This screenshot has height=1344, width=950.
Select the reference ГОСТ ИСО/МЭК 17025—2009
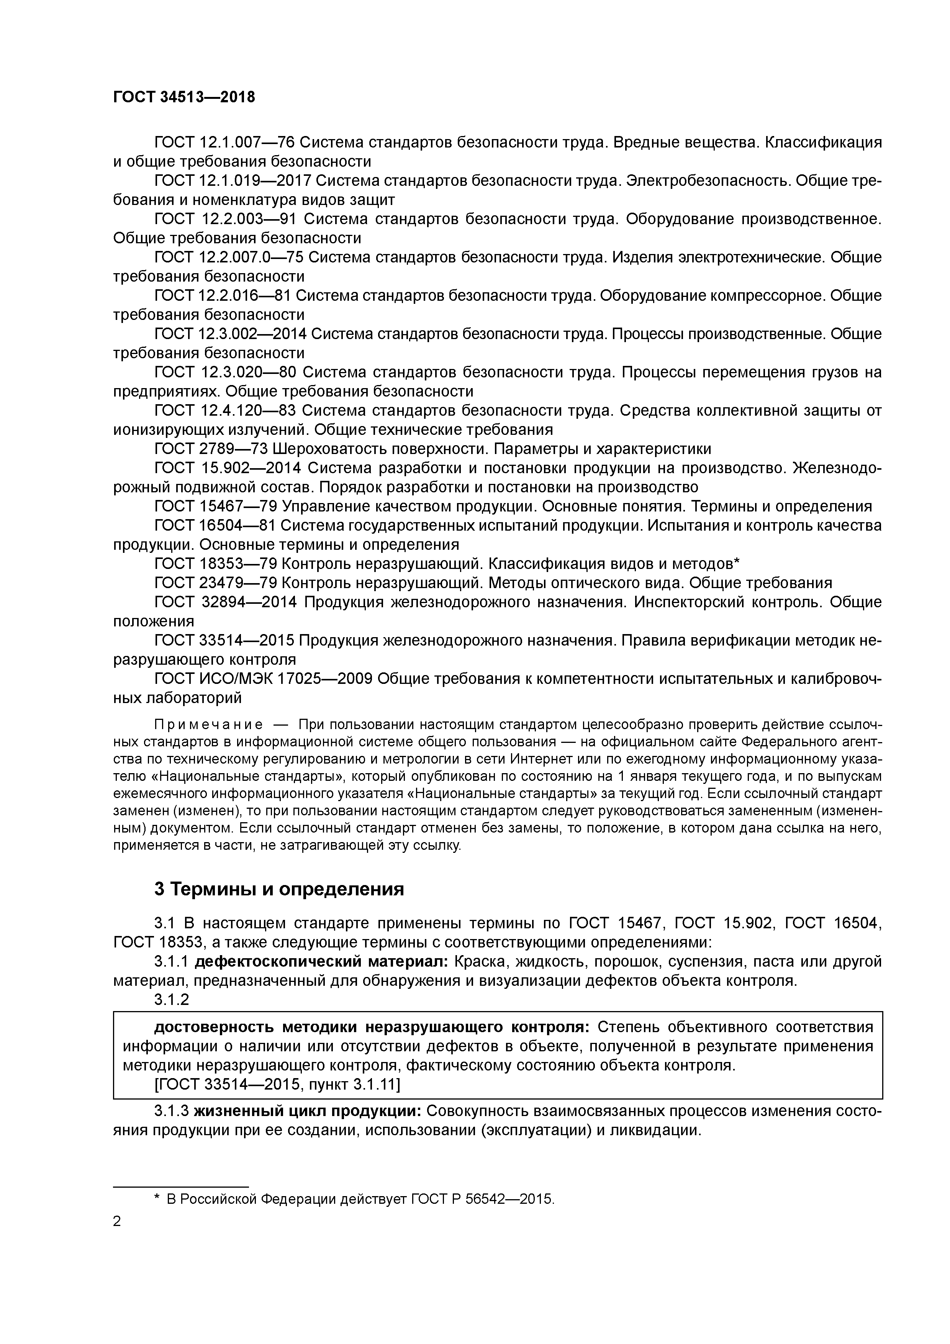[264, 679]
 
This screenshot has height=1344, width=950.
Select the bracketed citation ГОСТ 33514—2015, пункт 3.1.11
[277, 1085]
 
